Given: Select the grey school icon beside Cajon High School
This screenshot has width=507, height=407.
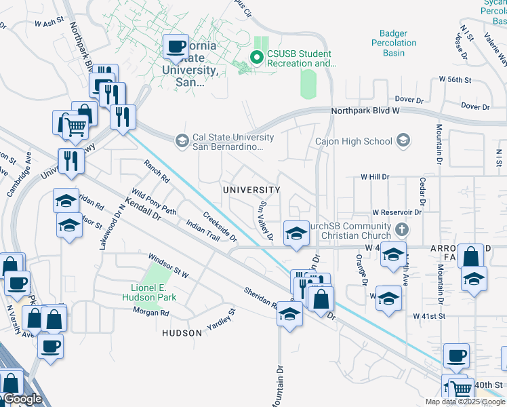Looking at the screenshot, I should click(403, 141).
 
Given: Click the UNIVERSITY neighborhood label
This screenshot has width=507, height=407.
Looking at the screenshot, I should click(251, 190).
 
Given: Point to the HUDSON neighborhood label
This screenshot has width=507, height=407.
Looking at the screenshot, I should click(182, 333).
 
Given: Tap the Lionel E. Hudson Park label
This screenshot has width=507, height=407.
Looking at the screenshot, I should click(149, 292).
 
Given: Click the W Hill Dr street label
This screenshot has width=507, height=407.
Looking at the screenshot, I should click(376, 176).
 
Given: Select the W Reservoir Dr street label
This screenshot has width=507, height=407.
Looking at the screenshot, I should click(397, 212).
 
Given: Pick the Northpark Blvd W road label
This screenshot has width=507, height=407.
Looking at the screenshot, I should click(367, 110).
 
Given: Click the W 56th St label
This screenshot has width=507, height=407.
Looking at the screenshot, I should click(455, 79).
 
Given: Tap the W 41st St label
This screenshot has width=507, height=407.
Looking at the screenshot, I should click(429, 316).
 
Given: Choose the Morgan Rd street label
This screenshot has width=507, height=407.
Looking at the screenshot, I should click(150, 313).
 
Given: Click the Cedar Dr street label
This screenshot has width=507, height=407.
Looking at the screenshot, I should click(422, 193).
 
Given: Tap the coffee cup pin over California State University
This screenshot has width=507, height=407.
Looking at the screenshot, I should click(176, 47).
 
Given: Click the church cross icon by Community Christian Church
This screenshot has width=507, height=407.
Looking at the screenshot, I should click(403, 229).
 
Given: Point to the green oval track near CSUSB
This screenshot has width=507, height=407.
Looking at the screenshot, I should click(308, 84).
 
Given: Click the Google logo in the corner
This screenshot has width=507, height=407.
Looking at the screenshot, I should click(22, 400).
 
